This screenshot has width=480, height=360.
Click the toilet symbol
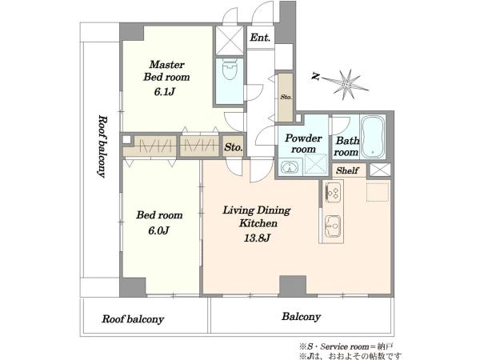pyautogui.click(x=230, y=70)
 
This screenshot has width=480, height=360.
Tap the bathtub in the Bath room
pyautogui.click(x=373, y=137)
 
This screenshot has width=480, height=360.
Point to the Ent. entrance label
pyautogui.click(x=260, y=38)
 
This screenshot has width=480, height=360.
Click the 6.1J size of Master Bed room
pyautogui.click(x=164, y=91)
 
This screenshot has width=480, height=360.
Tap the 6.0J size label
pyautogui.click(x=159, y=230)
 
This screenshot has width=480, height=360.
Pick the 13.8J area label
pyautogui.click(x=257, y=238)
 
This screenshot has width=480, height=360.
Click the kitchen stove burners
pyautogui.click(x=333, y=192)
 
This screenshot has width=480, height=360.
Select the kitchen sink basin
pyautogui.click(x=333, y=226)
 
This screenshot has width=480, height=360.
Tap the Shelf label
pyautogui.click(x=347, y=170)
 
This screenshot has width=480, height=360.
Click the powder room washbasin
pyautogui.click(x=290, y=167)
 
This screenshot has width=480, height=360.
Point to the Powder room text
pyautogui.click(x=303, y=143)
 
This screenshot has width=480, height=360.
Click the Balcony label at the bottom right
pyautogui.click(x=302, y=316)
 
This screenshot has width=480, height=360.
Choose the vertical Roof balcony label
pyautogui.click(x=102, y=146)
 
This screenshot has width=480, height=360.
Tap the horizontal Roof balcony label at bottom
pyautogui.click(x=133, y=319)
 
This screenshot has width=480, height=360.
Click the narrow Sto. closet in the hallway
pyautogui.click(x=286, y=97)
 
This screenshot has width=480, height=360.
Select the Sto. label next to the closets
pyautogui.click(x=234, y=147)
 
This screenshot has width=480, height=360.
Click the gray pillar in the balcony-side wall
pyautogui.click(x=293, y=286)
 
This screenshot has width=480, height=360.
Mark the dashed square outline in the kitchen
pyautogui.click(x=378, y=192)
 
